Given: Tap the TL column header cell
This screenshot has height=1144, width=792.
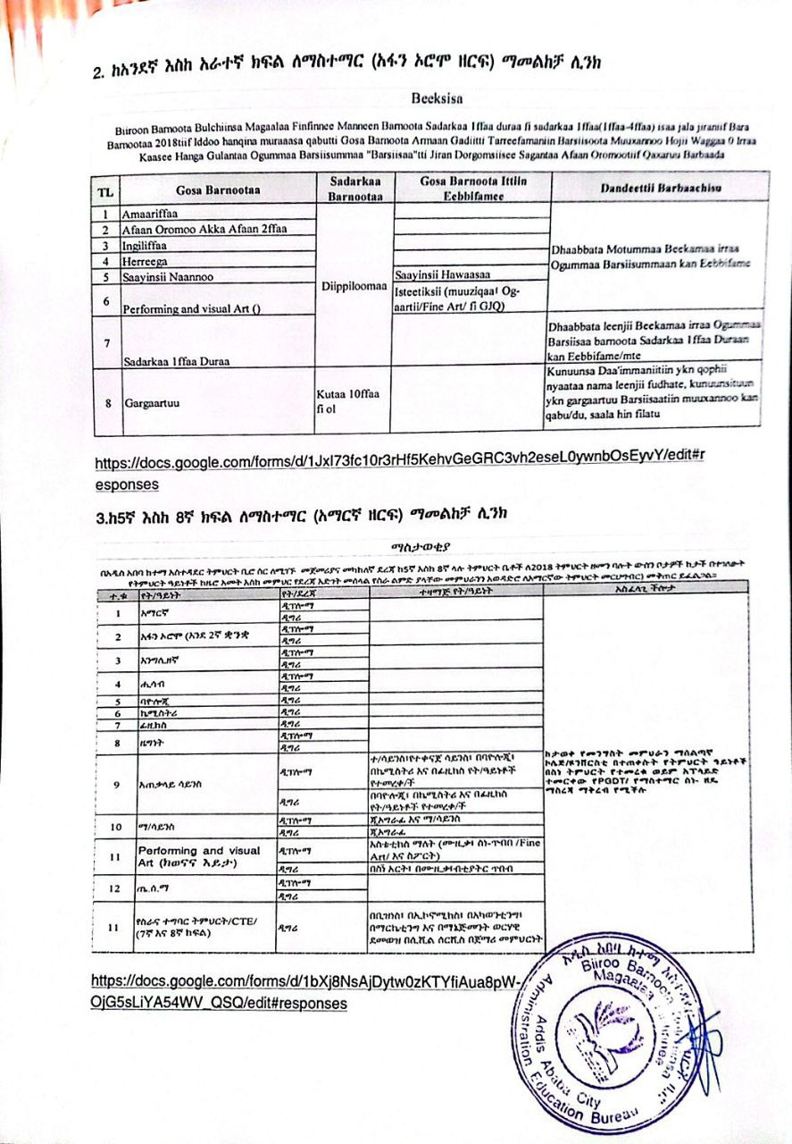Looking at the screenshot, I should [x=106, y=190].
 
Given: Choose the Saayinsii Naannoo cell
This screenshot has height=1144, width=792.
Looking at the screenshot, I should [x=168, y=276].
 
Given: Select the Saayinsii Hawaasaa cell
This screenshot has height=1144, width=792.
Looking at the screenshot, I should [x=441, y=274].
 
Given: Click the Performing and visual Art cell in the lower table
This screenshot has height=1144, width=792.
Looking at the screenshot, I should [x=187, y=856].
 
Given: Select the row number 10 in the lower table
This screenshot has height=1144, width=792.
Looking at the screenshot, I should [x=115, y=827].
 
